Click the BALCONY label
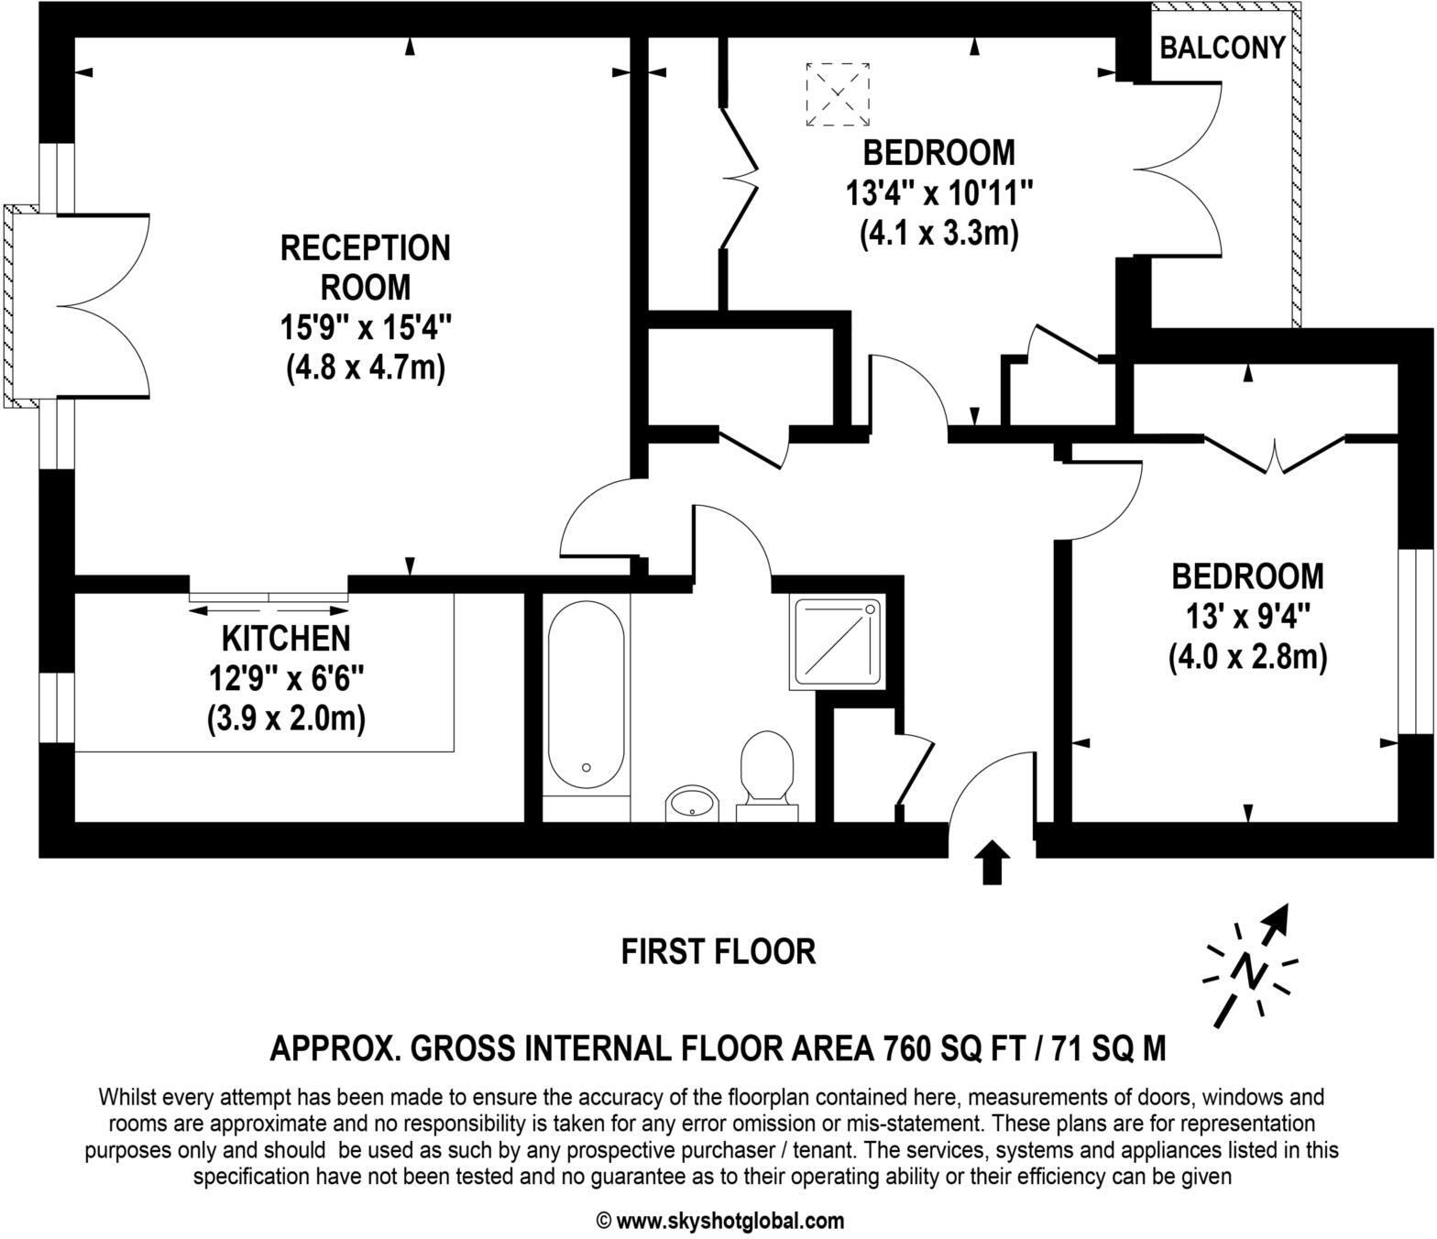[x=1222, y=48]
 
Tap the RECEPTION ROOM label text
[x=365, y=268]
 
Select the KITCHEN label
[x=286, y=638]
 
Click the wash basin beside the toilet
[x=694, y=804]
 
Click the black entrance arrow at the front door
[x=991, y=863]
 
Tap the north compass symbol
[x=1251, y=967]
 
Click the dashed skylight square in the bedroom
[x=838, y=94]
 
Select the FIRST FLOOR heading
[x=718, y=951]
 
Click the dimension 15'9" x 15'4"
[x=365, y=327]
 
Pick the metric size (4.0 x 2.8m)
[x=1247, y=657]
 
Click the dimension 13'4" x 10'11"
[x=939, y=193]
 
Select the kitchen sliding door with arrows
[x=269, y=602]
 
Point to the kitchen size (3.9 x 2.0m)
[x=286, y=718]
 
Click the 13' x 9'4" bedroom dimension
[x=1247, y=617]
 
